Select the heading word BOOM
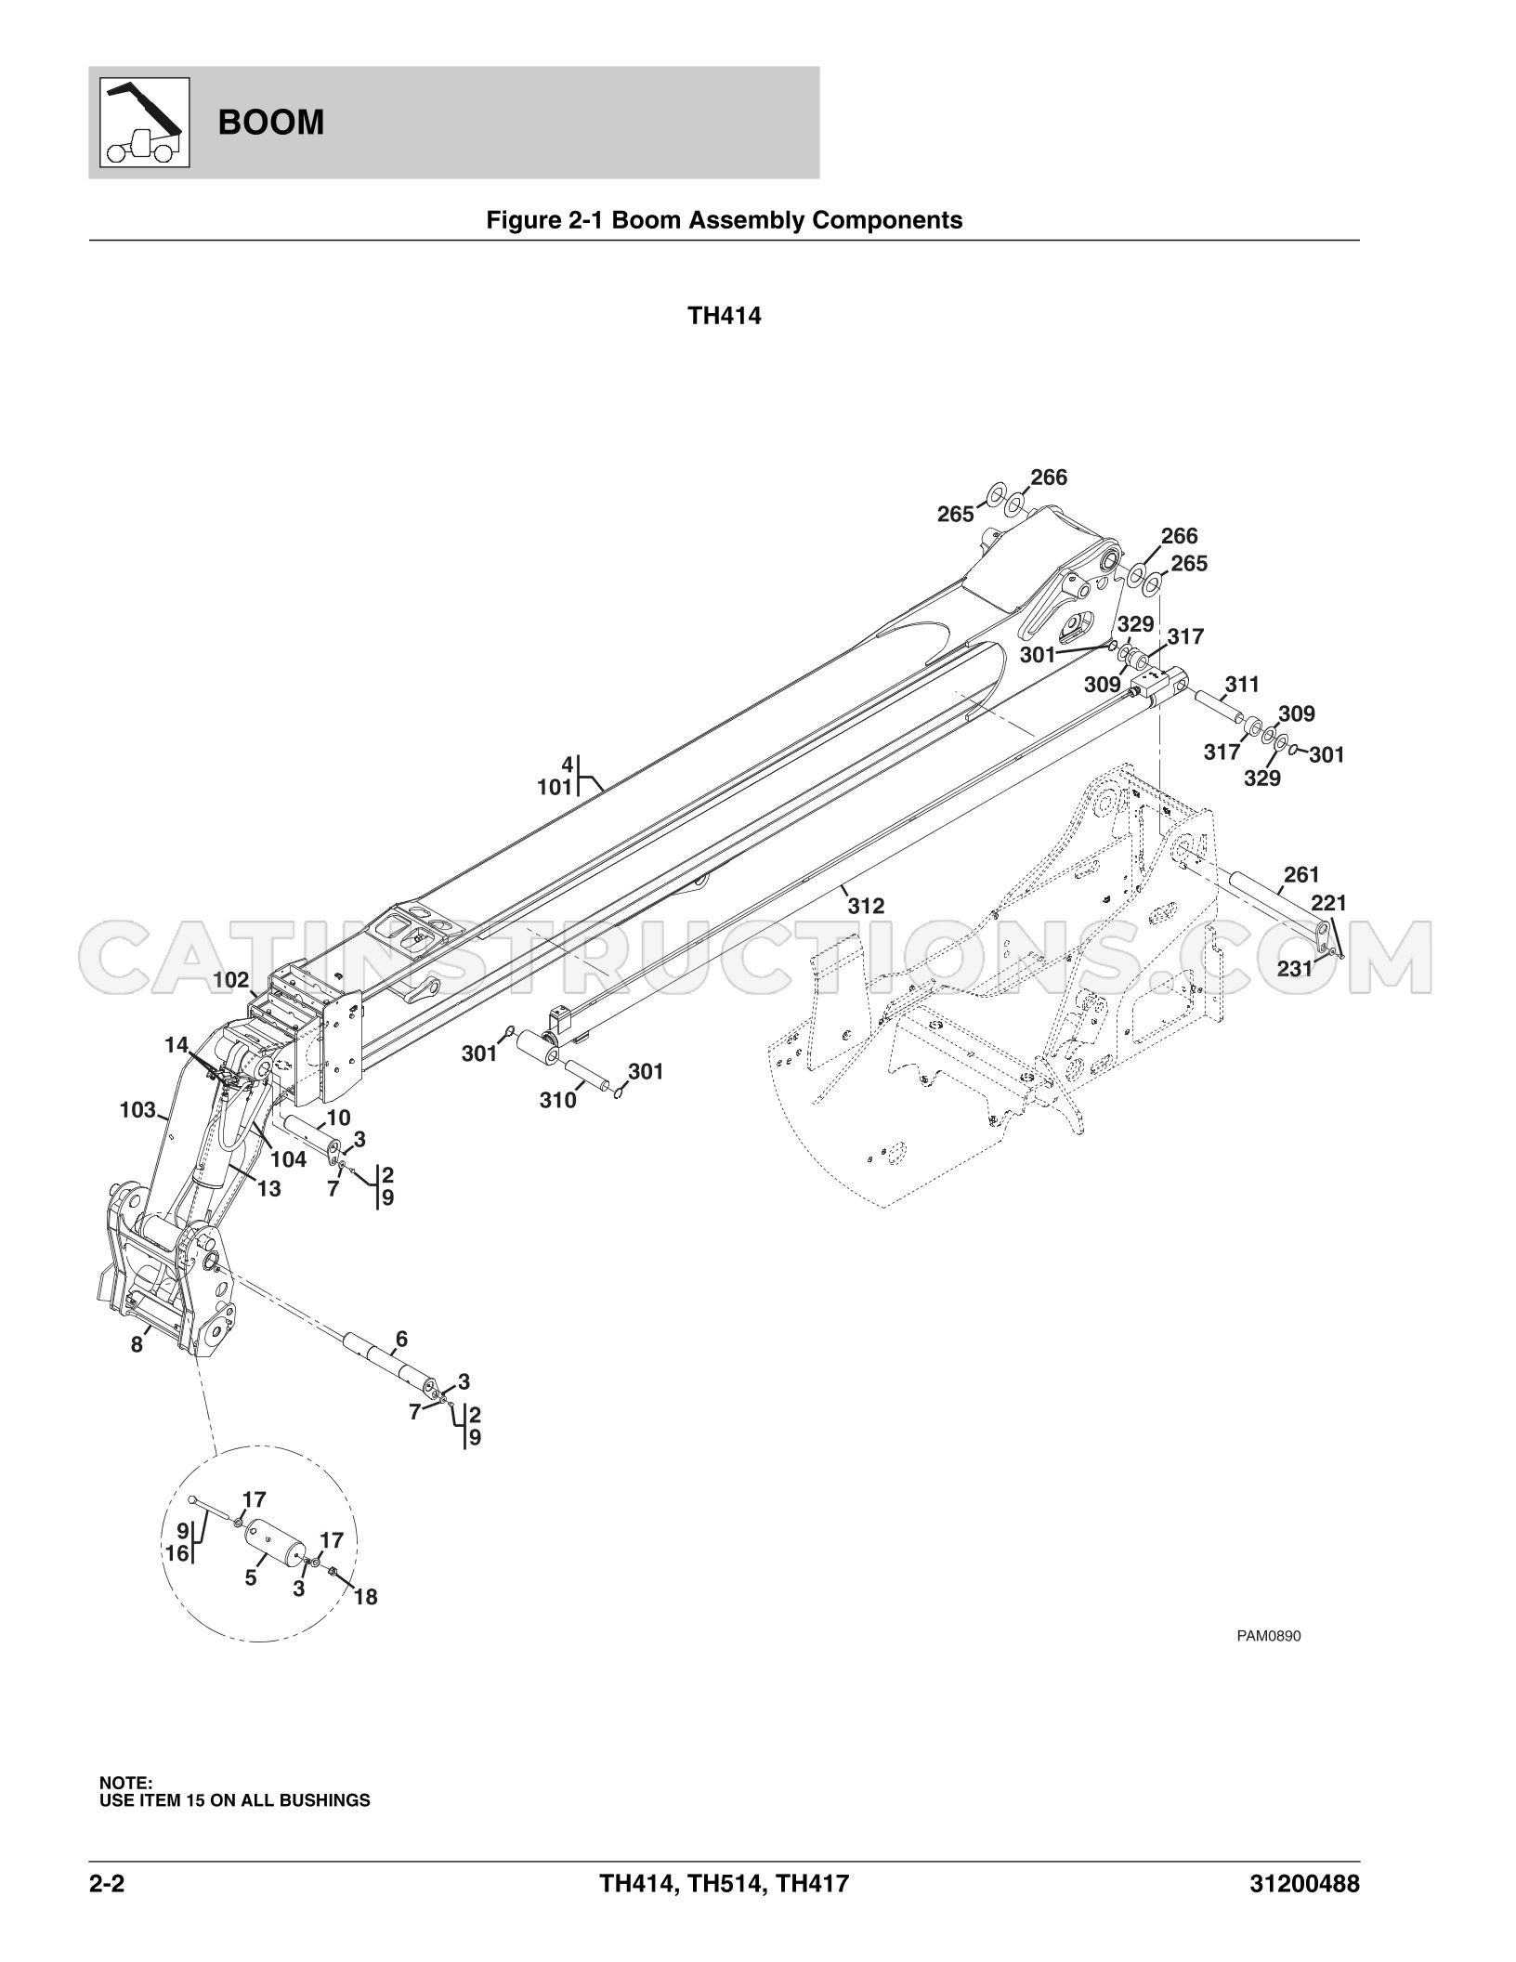point(271,123)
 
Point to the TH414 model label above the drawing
point(725,316)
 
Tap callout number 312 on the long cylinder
point(866,906)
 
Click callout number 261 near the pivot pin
point(1301,874)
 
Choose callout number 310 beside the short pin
point(558,1101)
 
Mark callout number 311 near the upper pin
point(1242,685)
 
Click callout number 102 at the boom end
point(231,979)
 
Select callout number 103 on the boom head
point(137,1109)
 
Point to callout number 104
point(288,1158)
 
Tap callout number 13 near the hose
point(268,1188)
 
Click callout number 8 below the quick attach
point(137,1344)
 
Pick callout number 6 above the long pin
point(401,1339)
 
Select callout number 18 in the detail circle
point(366,1597)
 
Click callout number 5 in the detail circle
point(251,1577)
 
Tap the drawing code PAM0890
point(1268,1662)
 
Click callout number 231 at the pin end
point(1295,969)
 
